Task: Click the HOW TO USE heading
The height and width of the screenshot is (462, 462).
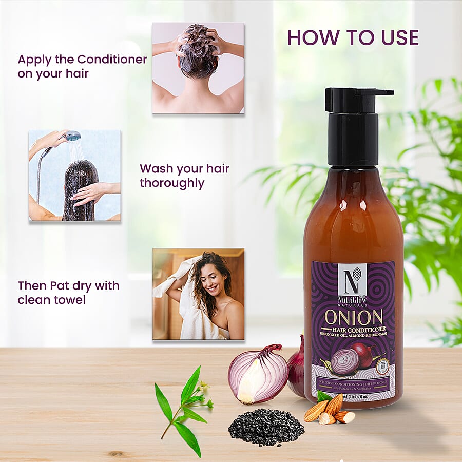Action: pos(353,37)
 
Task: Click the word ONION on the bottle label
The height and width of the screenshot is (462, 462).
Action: pos(353,317)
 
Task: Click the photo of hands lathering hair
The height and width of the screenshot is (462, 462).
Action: pos(198,67)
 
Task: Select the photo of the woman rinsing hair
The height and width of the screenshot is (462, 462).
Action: pos(74,175)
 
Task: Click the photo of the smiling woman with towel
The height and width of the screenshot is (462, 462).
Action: pos(198,294)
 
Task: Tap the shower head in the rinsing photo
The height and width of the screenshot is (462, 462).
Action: pos(72,136)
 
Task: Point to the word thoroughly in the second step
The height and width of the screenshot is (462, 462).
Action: pos(172,183)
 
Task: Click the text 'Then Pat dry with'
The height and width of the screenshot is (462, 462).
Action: pos(68,285)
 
